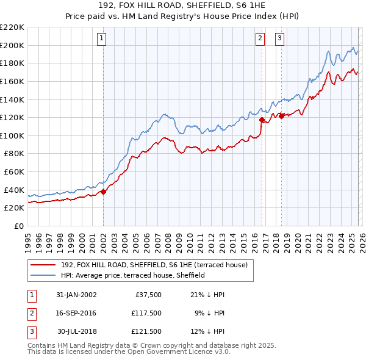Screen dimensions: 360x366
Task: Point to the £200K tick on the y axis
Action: tap(12, 45)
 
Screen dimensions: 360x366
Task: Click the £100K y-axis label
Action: tap(12, 135)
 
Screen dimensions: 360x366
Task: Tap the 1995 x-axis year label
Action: tap(28, 239)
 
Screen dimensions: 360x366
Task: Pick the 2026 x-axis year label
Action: tap(361, 239)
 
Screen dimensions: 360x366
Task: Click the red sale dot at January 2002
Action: tap(103, 192)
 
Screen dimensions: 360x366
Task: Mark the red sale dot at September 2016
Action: tap(261, 120)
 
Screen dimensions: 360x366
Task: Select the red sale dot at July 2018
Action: tap(281, 116)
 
